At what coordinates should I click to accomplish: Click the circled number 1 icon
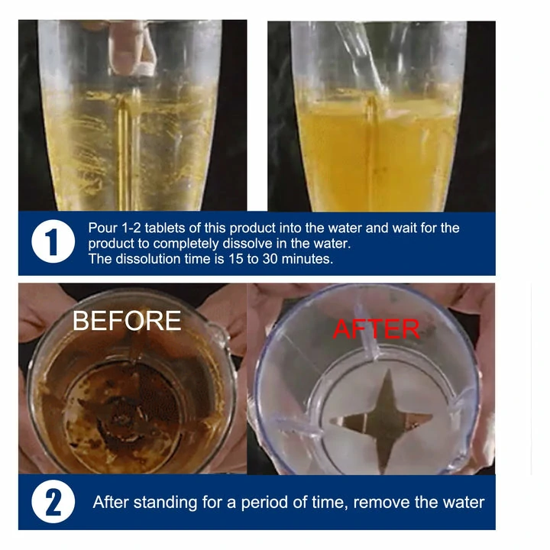click(53, 244)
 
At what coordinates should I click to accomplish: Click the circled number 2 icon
click(53, 503)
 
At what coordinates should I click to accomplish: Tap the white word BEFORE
click(127, 321)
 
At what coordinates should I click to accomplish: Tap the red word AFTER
click(376, 329)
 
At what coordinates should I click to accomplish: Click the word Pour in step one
click(103, 228)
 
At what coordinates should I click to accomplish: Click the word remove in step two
click(384, 503)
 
